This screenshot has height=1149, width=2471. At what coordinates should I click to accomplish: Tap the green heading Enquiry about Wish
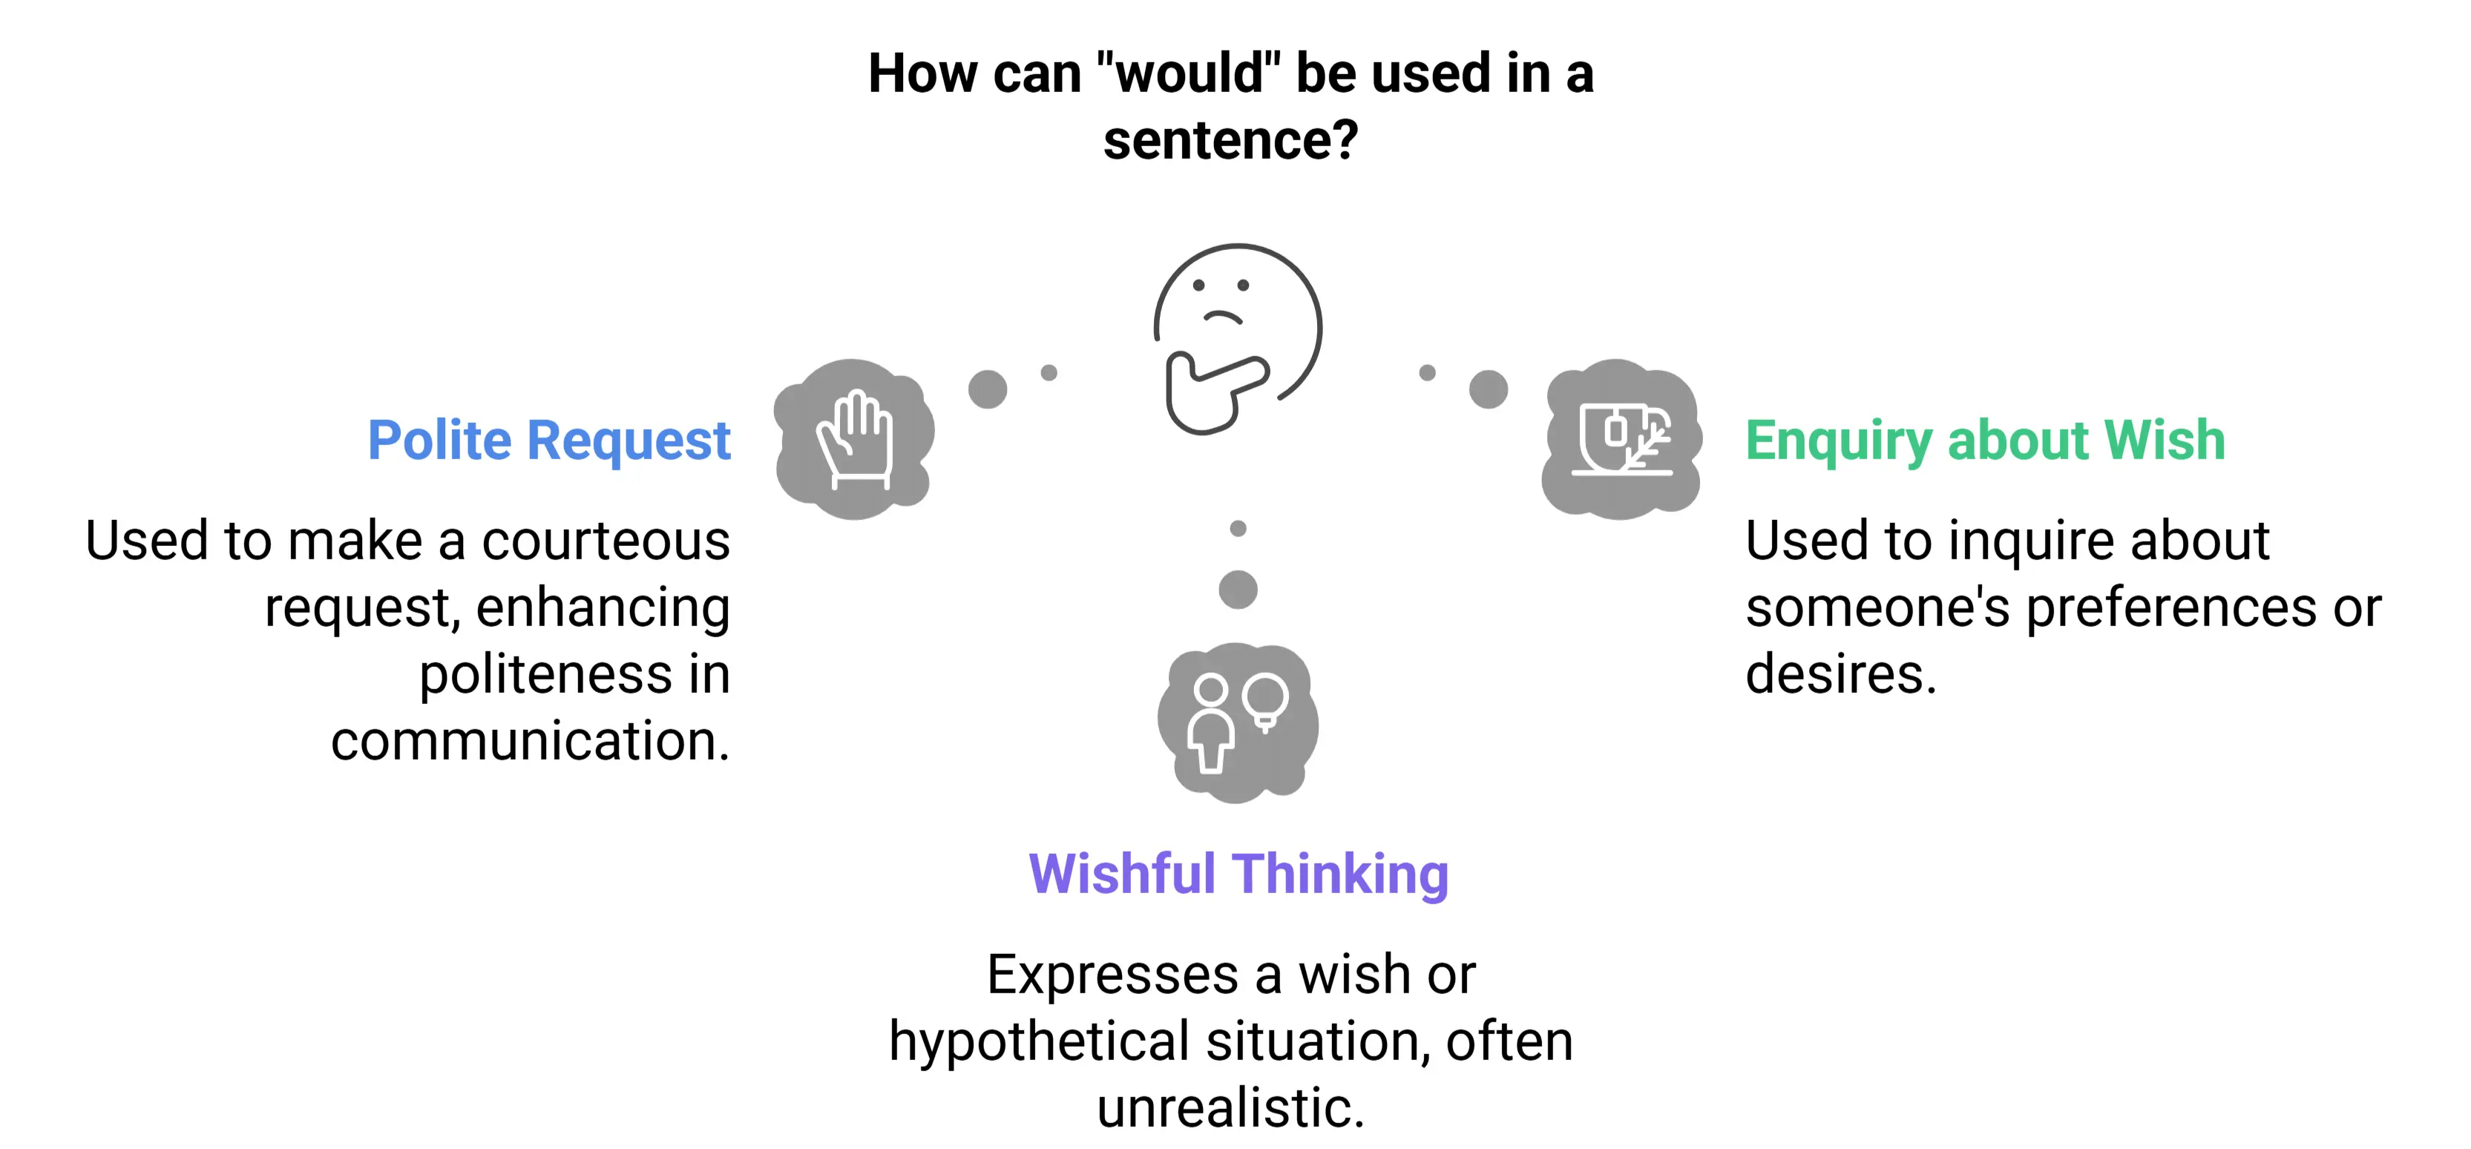(1983, 441)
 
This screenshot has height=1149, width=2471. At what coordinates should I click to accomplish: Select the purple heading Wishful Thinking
(1238, 875)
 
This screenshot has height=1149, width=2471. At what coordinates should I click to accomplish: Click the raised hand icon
(855, 439)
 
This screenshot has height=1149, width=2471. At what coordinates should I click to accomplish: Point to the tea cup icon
(1622, 439)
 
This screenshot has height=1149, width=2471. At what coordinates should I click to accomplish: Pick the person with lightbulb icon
(1238, 721)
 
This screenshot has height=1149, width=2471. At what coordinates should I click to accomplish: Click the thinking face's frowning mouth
(1222, 317)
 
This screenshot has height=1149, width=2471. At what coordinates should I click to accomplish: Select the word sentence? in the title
(1231, 141)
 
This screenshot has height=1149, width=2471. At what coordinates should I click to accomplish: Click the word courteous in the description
(606, 542)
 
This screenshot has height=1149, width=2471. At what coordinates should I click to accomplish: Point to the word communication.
(530, 741)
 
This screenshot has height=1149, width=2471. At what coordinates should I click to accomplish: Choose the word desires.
(1840, 674)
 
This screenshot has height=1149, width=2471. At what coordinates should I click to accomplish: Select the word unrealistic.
(1230, 1109)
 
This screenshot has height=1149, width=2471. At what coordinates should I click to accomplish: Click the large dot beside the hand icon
(987, 389)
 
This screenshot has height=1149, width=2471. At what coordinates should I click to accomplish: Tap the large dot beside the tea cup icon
(1488, 389)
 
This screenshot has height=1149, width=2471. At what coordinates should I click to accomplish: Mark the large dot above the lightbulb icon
(1238, 589)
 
